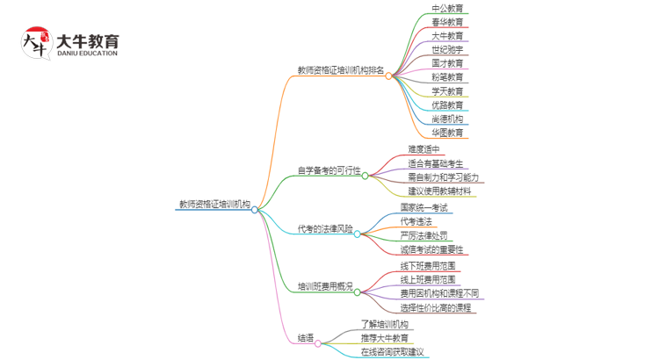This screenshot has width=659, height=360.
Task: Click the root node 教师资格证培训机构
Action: tap(214, 204)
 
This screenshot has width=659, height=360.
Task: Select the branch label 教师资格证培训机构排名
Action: tap(341, 70)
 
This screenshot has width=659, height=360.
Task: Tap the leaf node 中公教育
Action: tap(447, 8)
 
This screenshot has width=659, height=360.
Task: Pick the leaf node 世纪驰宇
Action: tap(447, 50)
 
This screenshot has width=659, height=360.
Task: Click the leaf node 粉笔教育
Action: tap(447, 77)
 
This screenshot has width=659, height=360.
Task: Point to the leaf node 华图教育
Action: tap(447, 133)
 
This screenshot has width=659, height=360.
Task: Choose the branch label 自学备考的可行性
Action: tap(329, 170)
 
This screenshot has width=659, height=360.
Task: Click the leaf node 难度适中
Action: tap(424, 149)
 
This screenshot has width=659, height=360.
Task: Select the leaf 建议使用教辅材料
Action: tap(439, 191)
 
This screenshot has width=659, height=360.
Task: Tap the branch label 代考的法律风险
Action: tap(325, 229)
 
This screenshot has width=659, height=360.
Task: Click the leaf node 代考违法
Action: tap(416, 221)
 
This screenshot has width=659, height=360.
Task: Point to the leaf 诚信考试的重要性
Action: tap(437, 249)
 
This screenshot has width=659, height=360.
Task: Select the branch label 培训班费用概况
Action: tap(325, 286)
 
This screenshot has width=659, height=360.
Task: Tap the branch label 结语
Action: tap(305, 339)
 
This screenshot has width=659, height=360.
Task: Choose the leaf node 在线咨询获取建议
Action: tap(392, 352)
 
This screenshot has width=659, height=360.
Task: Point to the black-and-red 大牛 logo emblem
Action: tap(36, 43)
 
